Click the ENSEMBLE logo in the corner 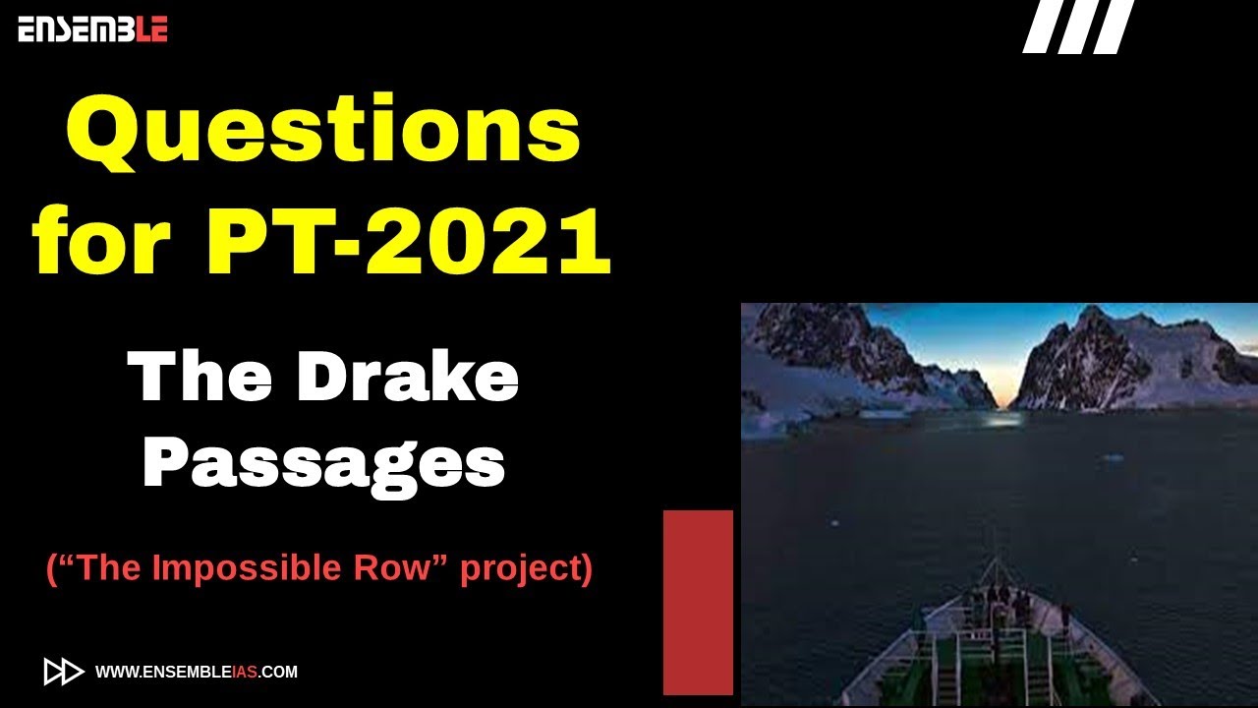point(92,29)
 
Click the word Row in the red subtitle point(402,568)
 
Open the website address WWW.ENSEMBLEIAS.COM point(197,673)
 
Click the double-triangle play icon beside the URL point(64,672)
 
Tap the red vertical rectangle point(698,602)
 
